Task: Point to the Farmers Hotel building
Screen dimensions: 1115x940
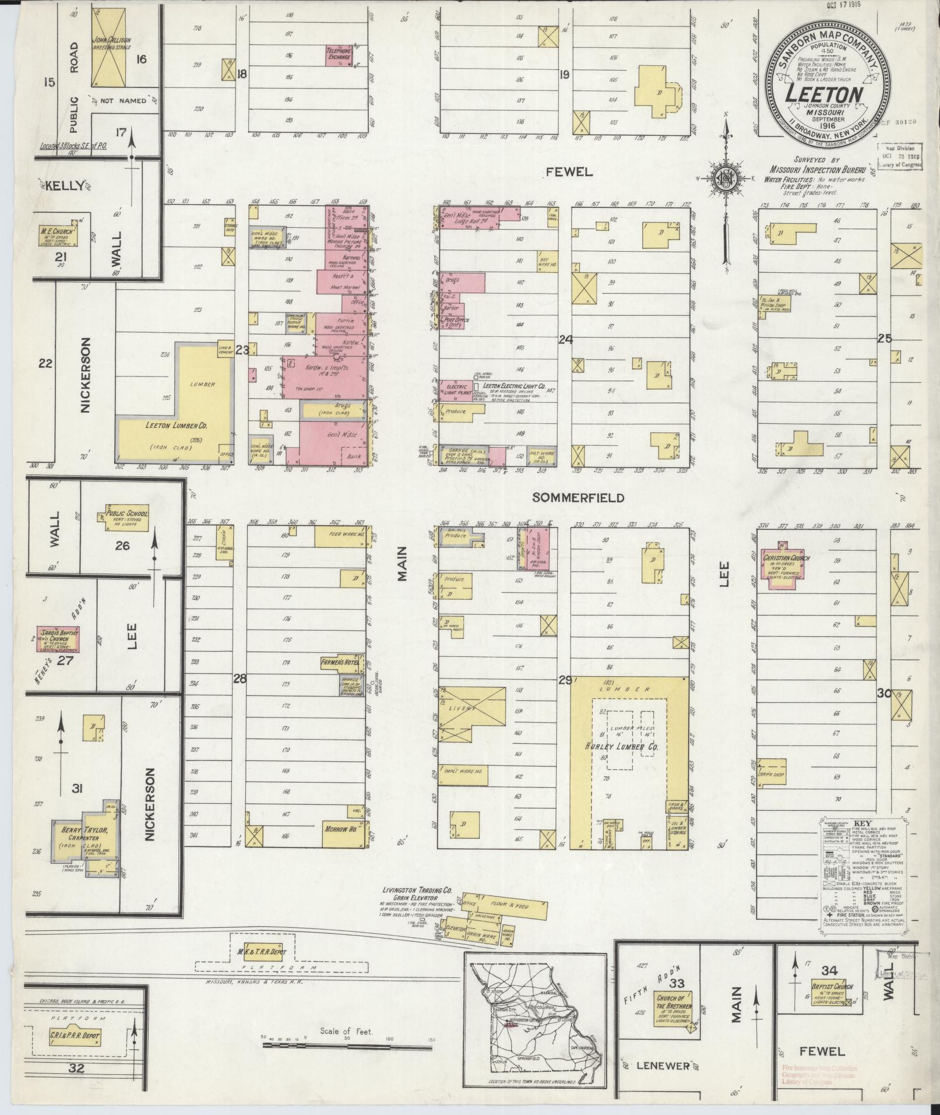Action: pos(342,664)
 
